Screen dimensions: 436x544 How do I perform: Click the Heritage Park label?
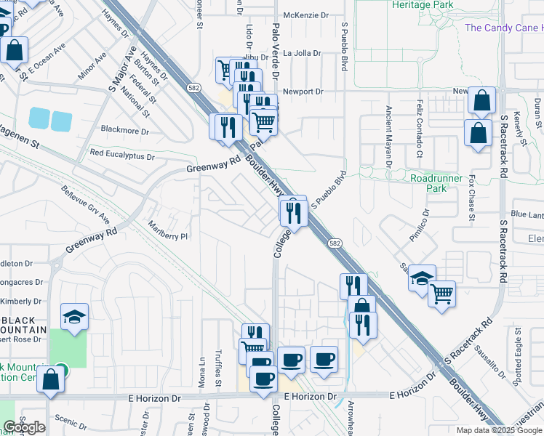tap(422, 4)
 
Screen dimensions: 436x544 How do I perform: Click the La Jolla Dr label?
tap(302, 53)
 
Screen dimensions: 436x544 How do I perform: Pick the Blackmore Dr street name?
tap(125, 132)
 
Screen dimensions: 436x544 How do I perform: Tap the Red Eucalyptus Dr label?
tap(122, 155)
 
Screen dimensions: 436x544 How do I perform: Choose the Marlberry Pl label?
tap(168, 235)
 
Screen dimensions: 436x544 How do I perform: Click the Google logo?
tap(24, 427)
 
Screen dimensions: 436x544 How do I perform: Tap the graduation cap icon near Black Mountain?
tap(74, 316)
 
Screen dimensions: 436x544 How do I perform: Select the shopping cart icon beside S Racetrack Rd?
tap(441, 294)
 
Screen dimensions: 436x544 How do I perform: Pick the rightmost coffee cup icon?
tap(324, 358)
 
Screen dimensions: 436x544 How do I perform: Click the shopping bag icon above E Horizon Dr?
tap(50, 379)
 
